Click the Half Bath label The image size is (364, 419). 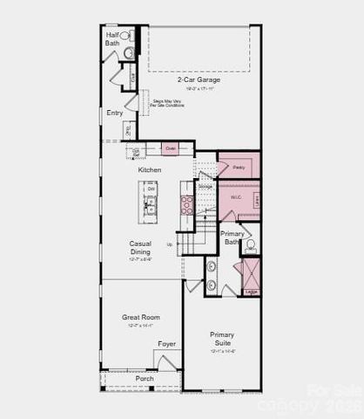[113, 38]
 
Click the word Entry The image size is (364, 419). [115, 113]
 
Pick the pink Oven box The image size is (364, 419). [171, 149]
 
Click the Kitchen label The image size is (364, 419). [149, 169]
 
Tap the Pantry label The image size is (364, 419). [238, 165]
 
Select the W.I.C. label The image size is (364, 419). [235, 196]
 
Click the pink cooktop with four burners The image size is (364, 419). [186, 204]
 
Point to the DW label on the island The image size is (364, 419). [151, 189]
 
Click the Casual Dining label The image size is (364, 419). [141, 247]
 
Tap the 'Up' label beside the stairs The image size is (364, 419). [170, 244]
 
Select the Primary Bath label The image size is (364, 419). [232, 238]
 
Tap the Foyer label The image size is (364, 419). [166, 344]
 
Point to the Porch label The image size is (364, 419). [145, 379]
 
